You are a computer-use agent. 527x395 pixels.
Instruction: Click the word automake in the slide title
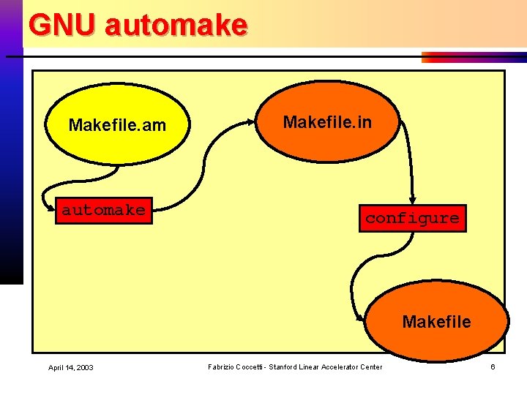click(176, 25)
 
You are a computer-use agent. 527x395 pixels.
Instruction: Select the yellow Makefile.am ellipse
click(117, 125)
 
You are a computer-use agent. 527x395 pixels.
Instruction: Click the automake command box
click(104, 210)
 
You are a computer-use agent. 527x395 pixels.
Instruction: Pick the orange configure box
click(412, 218)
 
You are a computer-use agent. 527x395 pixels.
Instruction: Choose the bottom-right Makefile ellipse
click(436, 321)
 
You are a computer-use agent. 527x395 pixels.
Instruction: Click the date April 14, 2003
click(71, 367)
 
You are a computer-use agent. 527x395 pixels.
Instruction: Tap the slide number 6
click(493, 366)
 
